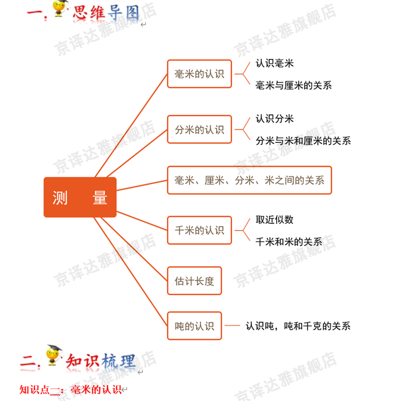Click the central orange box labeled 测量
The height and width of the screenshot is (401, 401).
tap(80, 197)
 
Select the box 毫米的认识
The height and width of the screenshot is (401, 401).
tap(199, 74)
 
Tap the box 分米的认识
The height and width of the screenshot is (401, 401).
tap(199, 130)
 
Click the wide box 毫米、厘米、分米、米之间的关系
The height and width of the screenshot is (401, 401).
tap(249, 180)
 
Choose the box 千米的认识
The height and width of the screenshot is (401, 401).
tap(199, 231)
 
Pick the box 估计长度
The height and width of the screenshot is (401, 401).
tap(194, 281)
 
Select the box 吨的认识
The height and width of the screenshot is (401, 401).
tap(194, 326)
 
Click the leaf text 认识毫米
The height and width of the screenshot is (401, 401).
tap(275, 64)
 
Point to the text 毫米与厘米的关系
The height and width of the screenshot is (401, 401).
tap(293, 85)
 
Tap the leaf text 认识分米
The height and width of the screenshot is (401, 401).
tap(275, 119)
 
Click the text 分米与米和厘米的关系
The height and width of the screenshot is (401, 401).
tap(303, 141)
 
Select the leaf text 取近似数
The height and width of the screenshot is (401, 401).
tap(275, 220)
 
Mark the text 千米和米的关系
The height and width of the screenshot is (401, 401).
tap(289, 242)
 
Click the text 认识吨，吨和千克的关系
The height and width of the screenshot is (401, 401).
tap(298, 326)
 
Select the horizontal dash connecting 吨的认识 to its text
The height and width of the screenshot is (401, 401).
tap(233, 326)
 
